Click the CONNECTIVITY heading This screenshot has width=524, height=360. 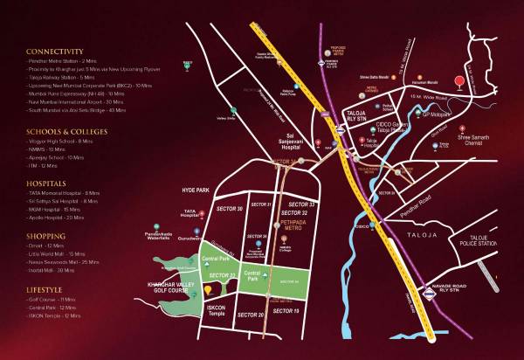tap(54, 52)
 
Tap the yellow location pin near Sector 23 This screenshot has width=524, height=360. tap(208, 289)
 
